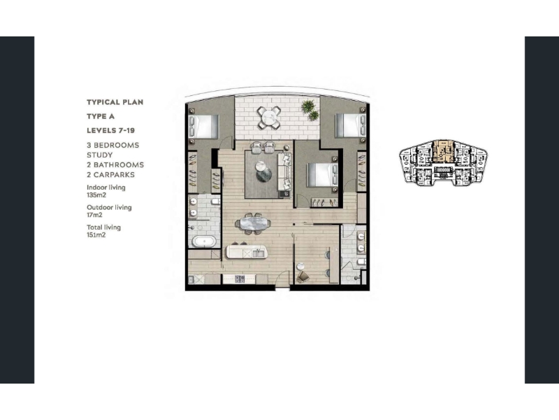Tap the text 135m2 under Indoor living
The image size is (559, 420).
96,195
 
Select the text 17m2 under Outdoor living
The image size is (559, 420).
94,215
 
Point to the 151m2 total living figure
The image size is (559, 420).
96,235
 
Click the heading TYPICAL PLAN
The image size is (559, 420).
115,102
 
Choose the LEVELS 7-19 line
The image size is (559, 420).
111,130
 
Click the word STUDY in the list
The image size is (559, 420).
99,155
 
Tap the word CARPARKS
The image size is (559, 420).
114,174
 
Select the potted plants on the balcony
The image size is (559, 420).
310,110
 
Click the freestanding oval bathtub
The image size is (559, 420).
204,241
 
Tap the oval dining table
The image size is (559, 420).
253,223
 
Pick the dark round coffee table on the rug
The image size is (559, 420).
264,174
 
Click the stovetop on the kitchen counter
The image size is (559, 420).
240,279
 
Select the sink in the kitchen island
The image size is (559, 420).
258,253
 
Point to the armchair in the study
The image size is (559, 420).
303,276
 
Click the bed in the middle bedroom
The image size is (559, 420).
322,174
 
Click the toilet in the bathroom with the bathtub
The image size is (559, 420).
215,202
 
